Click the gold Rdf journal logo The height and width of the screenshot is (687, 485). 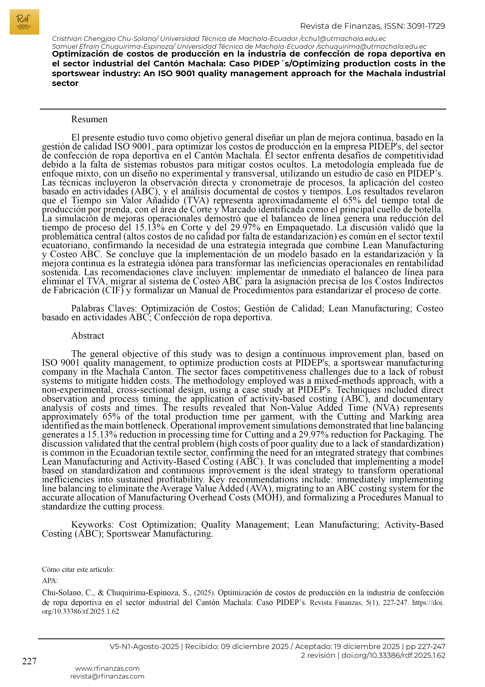24,22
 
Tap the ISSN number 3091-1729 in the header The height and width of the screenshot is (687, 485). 426,26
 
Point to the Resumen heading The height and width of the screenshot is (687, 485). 89,119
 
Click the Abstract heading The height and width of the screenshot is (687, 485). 88,336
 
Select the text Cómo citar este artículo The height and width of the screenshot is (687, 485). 78,569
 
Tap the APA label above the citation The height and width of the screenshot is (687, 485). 50,581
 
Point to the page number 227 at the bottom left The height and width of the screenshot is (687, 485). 29,661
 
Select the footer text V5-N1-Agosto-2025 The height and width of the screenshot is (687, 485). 144,647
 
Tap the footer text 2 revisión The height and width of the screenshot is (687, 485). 318,655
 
